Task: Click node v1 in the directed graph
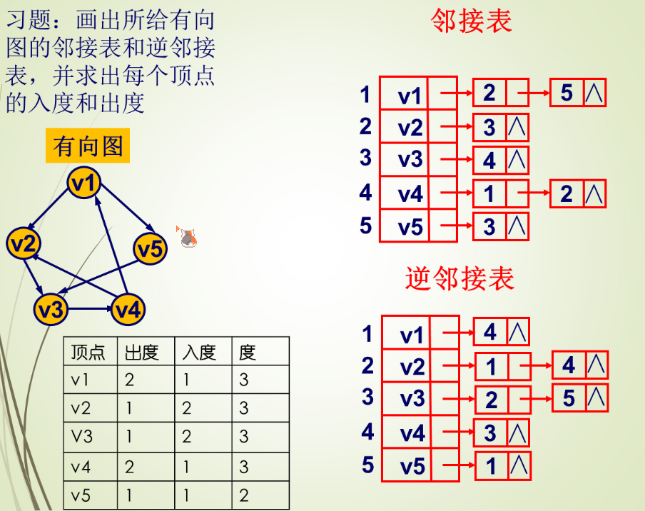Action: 84,183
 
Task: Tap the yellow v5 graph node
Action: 150,249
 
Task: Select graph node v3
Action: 51,309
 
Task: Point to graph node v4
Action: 128,309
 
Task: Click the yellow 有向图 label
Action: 88,146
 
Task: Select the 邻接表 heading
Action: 472,21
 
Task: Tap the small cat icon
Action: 188,238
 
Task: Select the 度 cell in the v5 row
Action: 244,495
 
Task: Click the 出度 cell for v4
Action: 130,466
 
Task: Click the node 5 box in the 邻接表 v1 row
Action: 567,93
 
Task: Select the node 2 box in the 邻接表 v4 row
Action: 567,193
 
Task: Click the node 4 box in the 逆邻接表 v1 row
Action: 490,332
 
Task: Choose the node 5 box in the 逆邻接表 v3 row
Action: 569,398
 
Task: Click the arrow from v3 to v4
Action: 89,310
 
